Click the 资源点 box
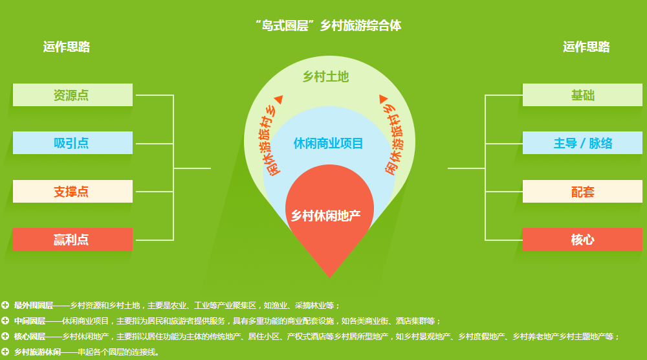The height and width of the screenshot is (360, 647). point(72,95)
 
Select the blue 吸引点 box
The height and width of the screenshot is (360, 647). point(72,143)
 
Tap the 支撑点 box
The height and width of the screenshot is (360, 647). point(72,191)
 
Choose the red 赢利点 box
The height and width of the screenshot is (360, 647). point(72,239)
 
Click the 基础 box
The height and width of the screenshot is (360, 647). point(583,95)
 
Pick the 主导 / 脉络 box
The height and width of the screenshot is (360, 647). point(583,143)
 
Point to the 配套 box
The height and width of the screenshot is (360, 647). point(583,191)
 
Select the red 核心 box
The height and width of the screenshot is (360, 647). point(583,239)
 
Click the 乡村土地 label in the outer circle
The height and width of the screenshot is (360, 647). point(325,76)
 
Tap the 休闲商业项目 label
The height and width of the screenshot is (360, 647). point(328,143)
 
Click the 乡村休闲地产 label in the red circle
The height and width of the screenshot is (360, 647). point(325,216)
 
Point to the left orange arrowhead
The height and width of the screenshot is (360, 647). point(279,100)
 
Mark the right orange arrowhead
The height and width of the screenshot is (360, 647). point(383,99)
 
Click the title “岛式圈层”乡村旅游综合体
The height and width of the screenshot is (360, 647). point(328,26)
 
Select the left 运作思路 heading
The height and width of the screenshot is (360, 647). point(67,47)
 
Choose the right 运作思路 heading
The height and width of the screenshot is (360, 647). point(586,47)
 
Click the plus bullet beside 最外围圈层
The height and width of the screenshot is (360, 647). point(5,305)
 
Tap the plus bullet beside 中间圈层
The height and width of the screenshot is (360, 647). point(5,321)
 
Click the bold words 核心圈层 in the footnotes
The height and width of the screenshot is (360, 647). point(30,337)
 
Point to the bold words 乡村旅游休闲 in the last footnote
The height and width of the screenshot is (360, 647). point(38,352)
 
